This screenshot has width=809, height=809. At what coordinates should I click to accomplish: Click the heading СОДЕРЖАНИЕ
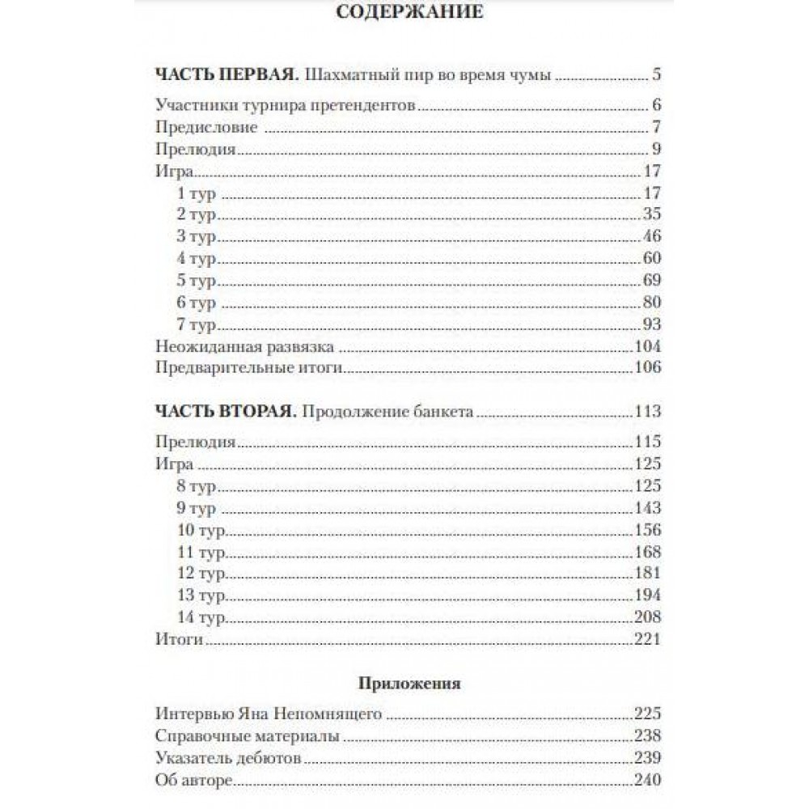tap(409, 12)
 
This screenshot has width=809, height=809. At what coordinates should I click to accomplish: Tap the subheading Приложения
tap(409, 684)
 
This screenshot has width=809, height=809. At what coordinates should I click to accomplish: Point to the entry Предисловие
tap(205, 127)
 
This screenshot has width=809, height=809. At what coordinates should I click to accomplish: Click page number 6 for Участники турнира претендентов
tap(656, 105)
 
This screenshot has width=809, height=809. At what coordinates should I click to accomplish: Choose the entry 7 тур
tap(197, 325)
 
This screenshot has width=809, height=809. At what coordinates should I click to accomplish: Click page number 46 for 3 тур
tap(649, 236)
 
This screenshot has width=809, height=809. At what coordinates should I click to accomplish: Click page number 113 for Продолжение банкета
tap(648, 411)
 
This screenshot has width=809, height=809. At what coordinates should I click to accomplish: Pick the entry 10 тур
tap(200, 531)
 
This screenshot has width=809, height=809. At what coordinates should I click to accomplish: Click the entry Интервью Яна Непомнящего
tap(267, 714)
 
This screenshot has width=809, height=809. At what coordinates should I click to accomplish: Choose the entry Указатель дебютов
tap(227, 759)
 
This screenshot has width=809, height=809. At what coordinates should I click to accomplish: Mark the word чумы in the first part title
tap(534, 76)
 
